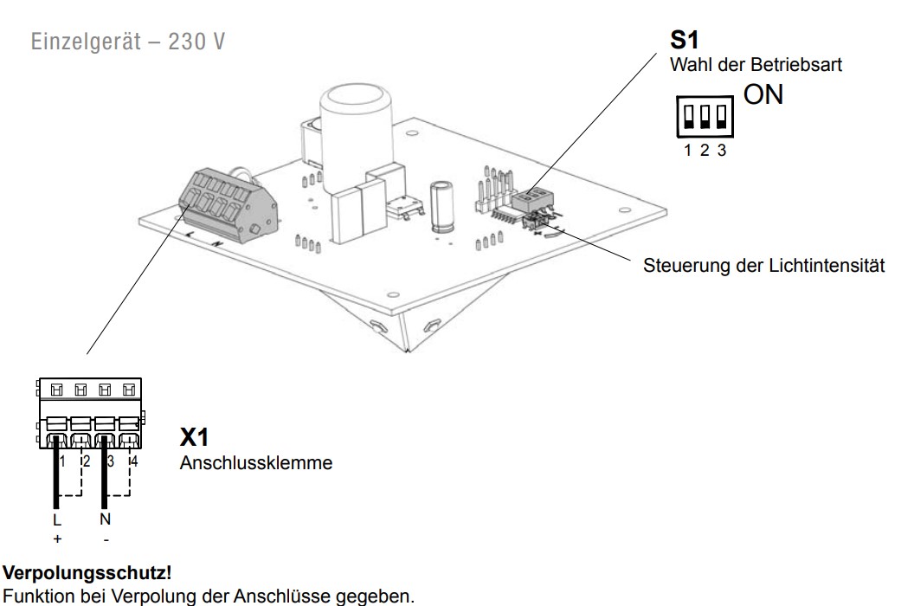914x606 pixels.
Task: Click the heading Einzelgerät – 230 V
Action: pos(127,42)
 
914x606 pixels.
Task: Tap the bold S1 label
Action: pos(685,40)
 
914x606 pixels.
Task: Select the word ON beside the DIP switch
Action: pos(763,94)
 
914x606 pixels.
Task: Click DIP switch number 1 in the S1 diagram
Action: pos(688,116)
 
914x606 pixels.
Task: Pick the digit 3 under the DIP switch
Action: pos(722,151)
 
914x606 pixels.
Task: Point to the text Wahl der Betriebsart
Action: pos(756,64)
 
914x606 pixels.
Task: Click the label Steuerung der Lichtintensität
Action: pos(763,266)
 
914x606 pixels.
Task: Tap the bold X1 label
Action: pos(194,437)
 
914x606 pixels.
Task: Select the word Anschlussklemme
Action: pos(256,462)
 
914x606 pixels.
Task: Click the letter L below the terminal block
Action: pos(56,519)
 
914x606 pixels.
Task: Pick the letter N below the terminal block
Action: pos(105,519)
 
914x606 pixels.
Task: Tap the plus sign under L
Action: pos(57,539)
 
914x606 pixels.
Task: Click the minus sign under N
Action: pos(106,540)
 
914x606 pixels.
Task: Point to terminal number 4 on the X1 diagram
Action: pos(135,461)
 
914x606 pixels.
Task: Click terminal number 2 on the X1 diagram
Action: pos(87,461)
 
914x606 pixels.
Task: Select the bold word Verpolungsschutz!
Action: pos(87,573)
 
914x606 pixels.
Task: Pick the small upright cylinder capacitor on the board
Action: pos(441,207)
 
